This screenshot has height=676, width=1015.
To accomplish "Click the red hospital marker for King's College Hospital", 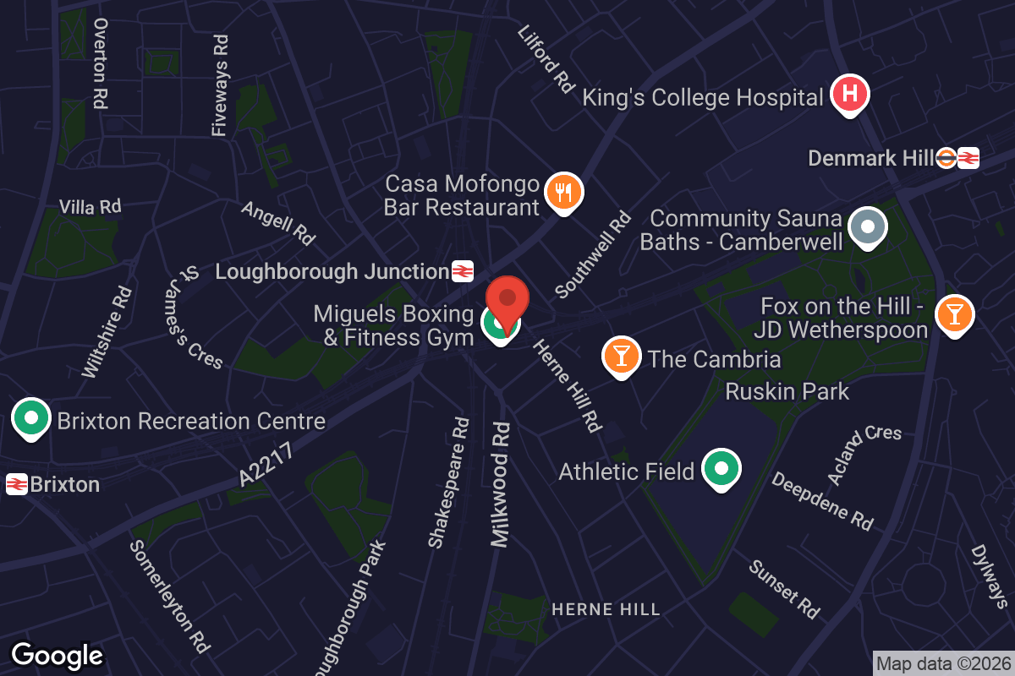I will click(850, 95).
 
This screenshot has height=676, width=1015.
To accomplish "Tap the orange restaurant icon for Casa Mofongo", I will click(563, 191).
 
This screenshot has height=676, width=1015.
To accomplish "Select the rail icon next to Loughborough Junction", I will click(462, 271).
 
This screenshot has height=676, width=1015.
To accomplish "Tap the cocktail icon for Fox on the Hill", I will click(954, 314).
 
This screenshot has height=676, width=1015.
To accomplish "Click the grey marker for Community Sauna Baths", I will click(867, 227).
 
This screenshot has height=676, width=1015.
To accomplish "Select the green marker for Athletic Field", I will click(721, 469).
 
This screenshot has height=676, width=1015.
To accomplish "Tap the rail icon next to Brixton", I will click(17, 484).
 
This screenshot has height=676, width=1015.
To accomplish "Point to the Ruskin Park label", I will click(787, 391).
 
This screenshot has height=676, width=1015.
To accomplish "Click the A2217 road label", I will click(266, 465).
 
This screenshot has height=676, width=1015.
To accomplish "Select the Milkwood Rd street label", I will click(501, 484).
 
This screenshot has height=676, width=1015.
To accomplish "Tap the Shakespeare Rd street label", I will click(448, 482).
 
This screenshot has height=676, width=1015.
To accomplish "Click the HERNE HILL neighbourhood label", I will click(606, 609).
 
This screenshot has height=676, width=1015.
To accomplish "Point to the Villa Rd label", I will click(90, 206).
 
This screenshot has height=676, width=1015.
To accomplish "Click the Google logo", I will click(57, 655).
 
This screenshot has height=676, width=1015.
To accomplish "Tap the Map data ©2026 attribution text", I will click(943, 663).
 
